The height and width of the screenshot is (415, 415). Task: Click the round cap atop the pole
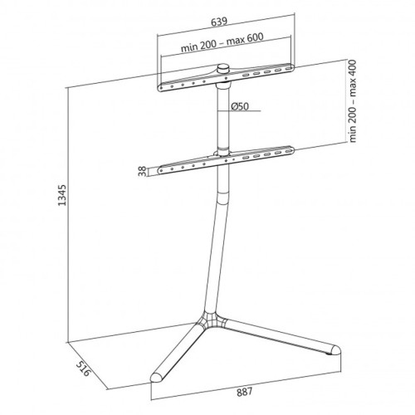[x=225, y=71]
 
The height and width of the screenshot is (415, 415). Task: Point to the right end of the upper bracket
[x=292, y=65]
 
